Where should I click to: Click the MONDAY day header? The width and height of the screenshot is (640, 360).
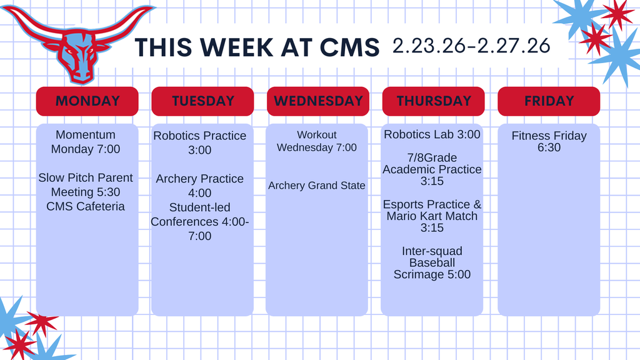pyautogui.click(x=87, y=101)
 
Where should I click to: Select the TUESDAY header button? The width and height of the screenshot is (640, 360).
pyautogui.click(x=202, y=101)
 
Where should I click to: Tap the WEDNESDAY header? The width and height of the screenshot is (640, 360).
pyautogui.click(x=318, y=101)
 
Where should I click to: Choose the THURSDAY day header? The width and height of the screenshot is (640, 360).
pyautogui.click(x=433, y=101)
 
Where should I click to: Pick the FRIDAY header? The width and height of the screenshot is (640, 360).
pyautogui.click(x=549, y=101)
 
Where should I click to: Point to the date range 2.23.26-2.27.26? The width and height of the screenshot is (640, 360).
pyautogui.click(x=471, y=46)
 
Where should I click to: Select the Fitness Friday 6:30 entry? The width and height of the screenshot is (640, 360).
pyautogui.click(x=549, y=141)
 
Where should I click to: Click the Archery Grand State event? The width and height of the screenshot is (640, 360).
pyautogui.click(x=317, y=186)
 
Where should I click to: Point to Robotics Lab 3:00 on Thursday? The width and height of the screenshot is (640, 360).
pyautogui.click(x=432, y=134)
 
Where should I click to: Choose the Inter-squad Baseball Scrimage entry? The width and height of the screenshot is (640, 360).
pyautogui.click(x=432, y=262)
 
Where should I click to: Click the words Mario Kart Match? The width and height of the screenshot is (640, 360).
pyautogui.click(x=432, y=216)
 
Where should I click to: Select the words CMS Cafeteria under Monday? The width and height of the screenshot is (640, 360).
pyautogui.click(x=86, y=206)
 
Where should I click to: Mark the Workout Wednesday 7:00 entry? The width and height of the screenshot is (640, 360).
pyautogui.click(x=317, y=141)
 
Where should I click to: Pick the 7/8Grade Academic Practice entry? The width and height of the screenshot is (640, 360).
pyautogui.click(x=432, y=169)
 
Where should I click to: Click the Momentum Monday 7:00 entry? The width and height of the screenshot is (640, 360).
pyautogui.click(x=86, y=142)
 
